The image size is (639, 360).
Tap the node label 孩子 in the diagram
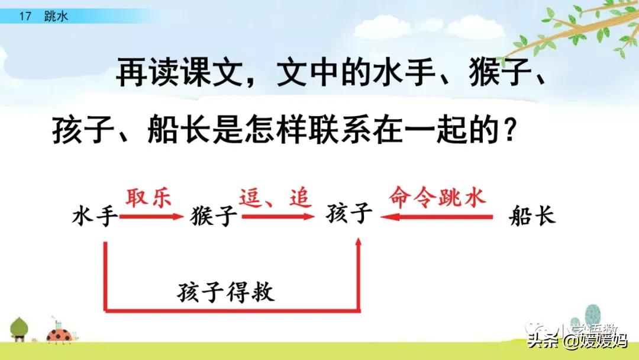click(x=349, y=214)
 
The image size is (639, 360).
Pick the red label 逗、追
click(x=275, y=197)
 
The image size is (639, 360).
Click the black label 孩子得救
click(x=225, y=292)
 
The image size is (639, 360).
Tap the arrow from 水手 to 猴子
click(x=151, y=217)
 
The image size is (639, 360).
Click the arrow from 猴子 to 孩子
click(x=277, y=217)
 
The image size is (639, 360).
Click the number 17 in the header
click(x=24, y=17)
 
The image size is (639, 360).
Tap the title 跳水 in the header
click(x=56, y=17)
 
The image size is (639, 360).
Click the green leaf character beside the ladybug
click(x=19, y=327)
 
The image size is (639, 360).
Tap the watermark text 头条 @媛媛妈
click(x=577, y=342)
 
